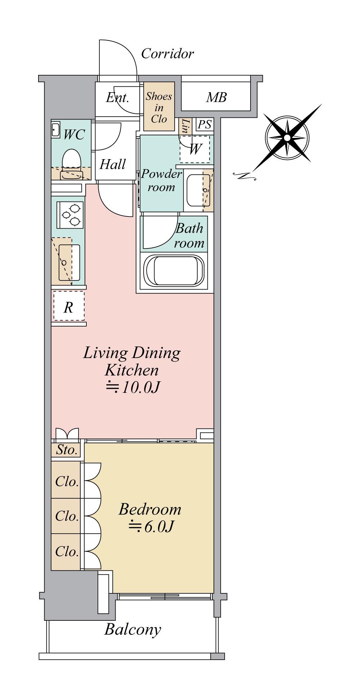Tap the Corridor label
click(167, 54)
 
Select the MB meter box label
click(216, 97)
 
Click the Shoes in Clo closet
click(159, 107)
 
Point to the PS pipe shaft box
click(204, 125)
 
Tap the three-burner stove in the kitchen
click(70, 214)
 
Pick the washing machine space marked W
click(194, 149)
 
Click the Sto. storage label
click(67, 450)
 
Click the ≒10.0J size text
click(132, 387)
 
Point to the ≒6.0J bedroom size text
click(151, 526)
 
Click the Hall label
click(112, 165)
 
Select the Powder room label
click(161, 180)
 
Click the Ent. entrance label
click(117, 98)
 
